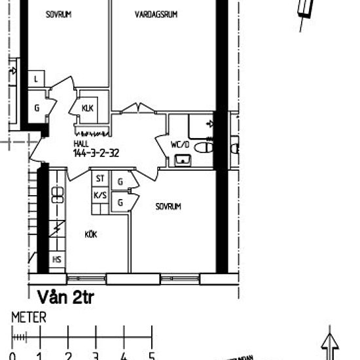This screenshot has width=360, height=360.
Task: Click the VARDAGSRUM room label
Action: (x=156, y=14)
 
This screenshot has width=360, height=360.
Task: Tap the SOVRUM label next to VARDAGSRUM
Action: (x=58, y=14)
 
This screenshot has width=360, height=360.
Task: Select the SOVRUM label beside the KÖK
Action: (x=168, y=206)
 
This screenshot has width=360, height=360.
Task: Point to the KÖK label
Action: (x=91, y=234)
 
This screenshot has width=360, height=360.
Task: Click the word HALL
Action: (x=81, y=144)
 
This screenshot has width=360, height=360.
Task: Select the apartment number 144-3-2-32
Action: (x=96, y=153)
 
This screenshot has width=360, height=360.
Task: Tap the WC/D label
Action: (x=179, y=145)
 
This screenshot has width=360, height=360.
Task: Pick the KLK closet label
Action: (x=87, y=109)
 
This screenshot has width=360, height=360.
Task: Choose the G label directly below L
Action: (x=37, y=109)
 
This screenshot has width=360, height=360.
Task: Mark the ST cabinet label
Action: (x=100, y=179)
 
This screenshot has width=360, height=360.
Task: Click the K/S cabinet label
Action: (x=100, y=195)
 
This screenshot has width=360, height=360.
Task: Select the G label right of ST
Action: (x=120, y=181)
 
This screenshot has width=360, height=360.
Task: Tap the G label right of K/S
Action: (x=120, y=203)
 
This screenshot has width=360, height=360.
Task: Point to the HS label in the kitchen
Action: (x=57, y=260)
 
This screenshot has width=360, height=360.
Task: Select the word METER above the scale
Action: (x=29, y=317)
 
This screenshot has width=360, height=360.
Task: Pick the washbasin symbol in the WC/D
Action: (x=183, y=159)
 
